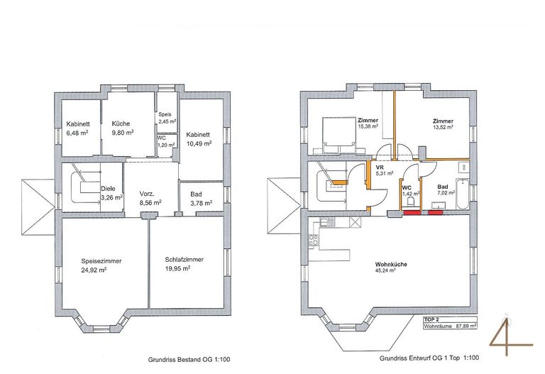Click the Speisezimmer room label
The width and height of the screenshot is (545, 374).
(x=101, y=261)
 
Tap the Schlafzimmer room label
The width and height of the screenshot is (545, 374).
(x=185, y=260)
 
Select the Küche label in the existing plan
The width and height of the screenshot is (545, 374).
(x=121, y=123)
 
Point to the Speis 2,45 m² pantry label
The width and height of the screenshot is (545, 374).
(x=167, y=118)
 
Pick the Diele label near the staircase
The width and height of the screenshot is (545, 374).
(x=108, y=189)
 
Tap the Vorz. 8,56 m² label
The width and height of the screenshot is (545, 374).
(x=150, y=198)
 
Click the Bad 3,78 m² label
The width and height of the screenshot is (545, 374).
(x=202, y=199)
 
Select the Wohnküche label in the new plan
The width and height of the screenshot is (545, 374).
(x=391, y=264)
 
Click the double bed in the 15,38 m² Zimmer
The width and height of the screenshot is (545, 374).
(x=339, y=136)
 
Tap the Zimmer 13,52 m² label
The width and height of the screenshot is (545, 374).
(x=443, y=124)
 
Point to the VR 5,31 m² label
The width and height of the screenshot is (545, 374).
(x=385, y=170)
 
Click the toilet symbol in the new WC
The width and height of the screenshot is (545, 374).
(x=411, y=202)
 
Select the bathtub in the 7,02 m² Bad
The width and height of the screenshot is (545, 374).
(x=462, y=194)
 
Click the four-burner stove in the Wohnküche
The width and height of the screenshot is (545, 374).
(x=314, y=240)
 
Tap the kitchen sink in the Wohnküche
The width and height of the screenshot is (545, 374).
(x=326, y=221)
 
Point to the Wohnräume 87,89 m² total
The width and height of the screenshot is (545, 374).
(x=450, y=326)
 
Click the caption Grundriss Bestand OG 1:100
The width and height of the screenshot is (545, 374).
(x=189, y=360)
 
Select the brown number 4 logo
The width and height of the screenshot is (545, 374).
(x=510, y=336)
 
